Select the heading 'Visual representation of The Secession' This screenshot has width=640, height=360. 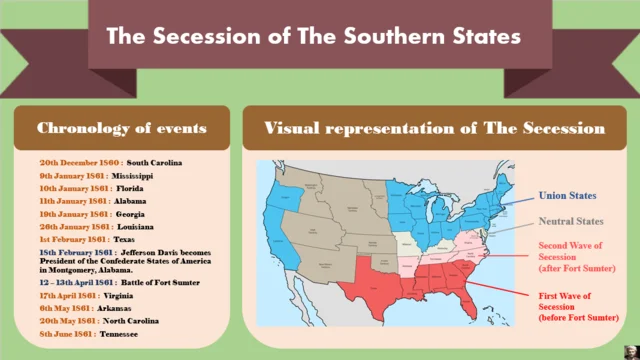[x=434, y=129]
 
